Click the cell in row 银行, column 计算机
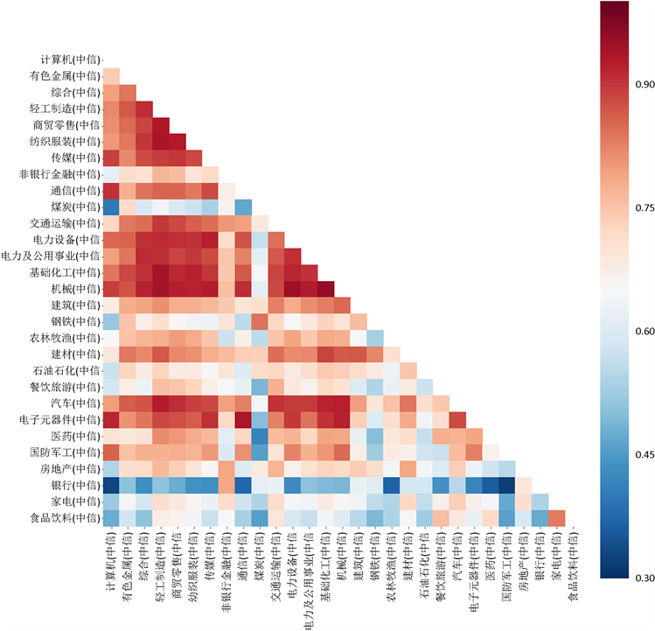[x=111, y=486]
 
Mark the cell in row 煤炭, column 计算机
[x=111, y=207]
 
